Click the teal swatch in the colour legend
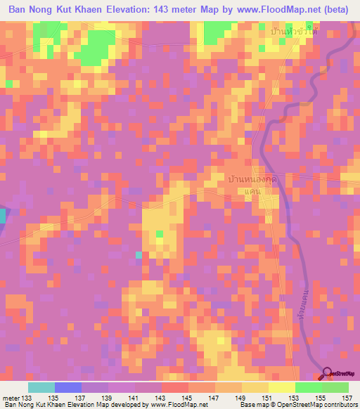41,387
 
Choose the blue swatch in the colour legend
68,387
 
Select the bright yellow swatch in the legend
282,387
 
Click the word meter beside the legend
10,398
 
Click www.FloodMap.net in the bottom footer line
167,405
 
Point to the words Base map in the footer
251,405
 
